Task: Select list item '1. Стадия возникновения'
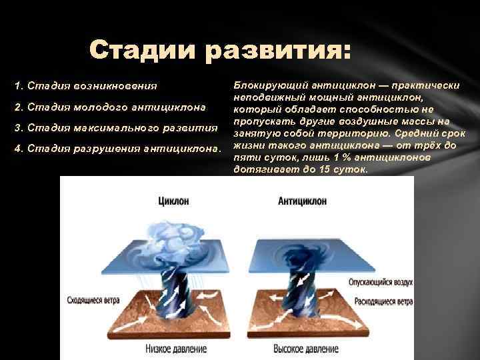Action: pyautogui.click(x=87, y=86)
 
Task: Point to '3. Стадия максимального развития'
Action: pyautogui.click(x=117, y=127)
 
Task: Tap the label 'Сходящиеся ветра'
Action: pyautogui.click(x=93, y=301)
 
